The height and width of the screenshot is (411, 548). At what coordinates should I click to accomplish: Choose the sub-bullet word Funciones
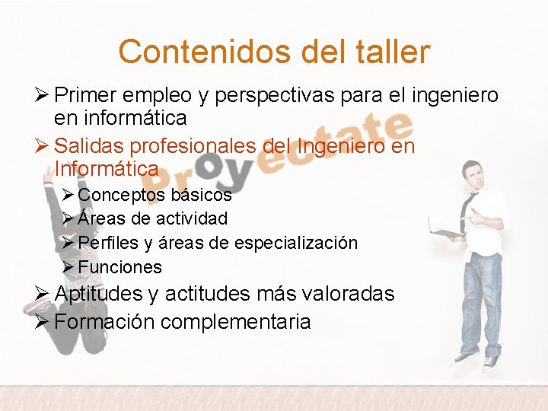click(x=119, y=267)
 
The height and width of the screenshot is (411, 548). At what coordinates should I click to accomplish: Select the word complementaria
click(x=237, y=322)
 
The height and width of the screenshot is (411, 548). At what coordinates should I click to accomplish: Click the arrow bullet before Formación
click(x=43, y=321)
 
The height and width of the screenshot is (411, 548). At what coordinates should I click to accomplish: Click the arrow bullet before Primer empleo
click(x=43, y=95)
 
